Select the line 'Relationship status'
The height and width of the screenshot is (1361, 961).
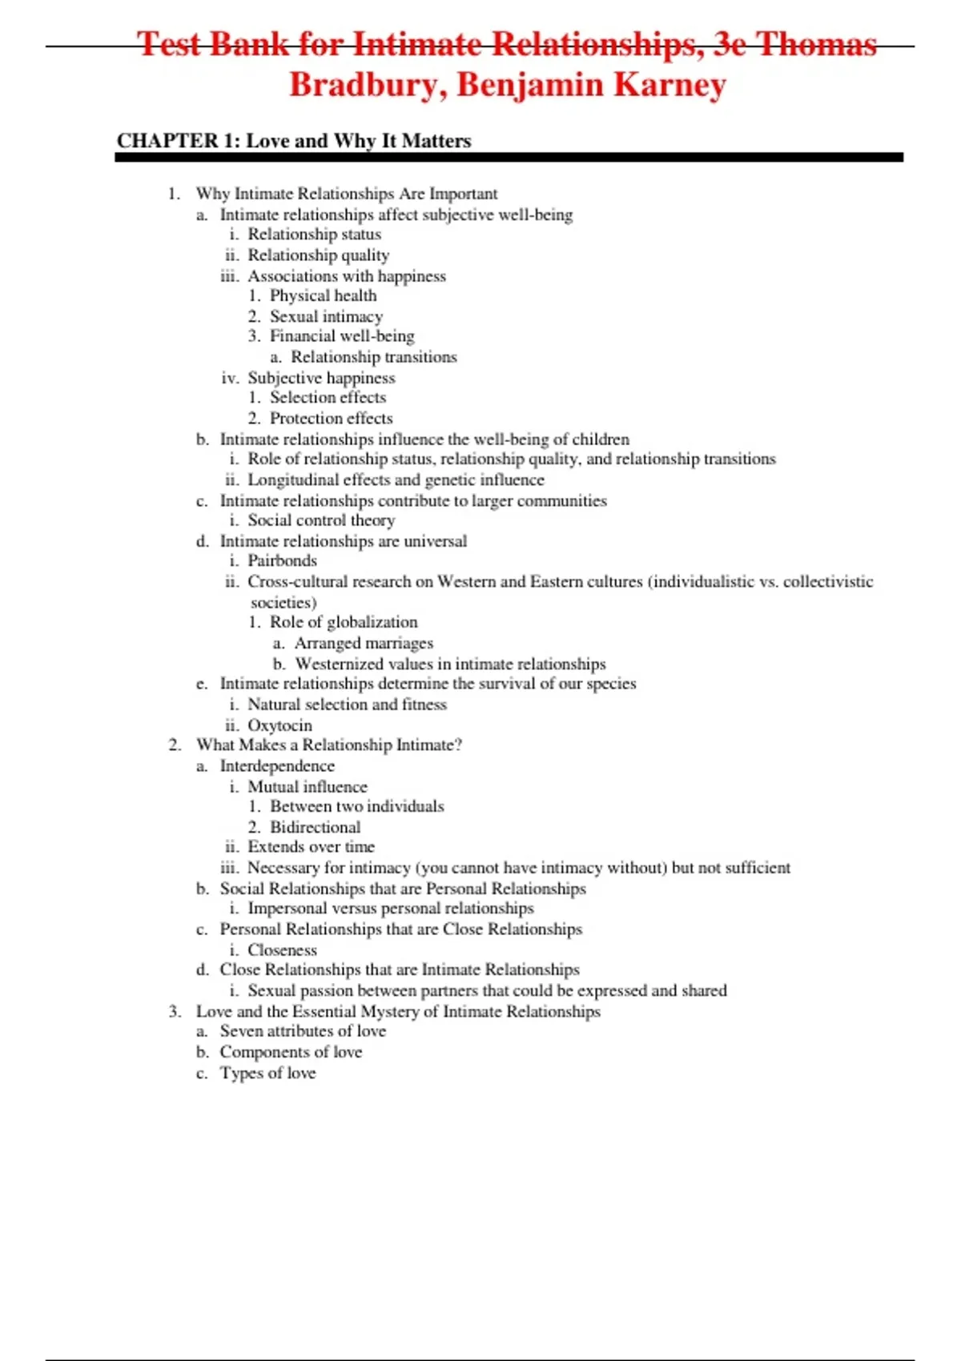coord(314,235)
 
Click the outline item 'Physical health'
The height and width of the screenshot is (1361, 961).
coord(323,295)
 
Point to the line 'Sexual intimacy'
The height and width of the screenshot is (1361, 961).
coord(326,316)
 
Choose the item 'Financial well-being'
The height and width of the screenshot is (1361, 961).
coord(342,336)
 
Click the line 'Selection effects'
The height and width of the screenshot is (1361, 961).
coord(328,397)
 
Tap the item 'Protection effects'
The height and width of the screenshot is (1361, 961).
coord(331,418)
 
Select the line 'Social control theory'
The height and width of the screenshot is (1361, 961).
coord(321,520)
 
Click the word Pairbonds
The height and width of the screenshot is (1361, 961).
coord(282,560)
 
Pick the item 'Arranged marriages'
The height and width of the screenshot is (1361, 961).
coord(364,643)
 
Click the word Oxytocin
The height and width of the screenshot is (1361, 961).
coord(279,725)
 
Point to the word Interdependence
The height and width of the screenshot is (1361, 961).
coord(277,766)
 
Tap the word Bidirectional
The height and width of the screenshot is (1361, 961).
coord(315,827)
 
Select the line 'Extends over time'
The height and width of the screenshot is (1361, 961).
coord(311,847)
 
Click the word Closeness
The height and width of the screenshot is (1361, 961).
coord(282,950)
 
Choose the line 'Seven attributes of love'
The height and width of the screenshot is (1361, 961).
coord(303,1031)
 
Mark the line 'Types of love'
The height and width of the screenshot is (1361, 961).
coord(267,1073)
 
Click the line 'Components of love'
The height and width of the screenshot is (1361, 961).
coord(291,1052)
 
